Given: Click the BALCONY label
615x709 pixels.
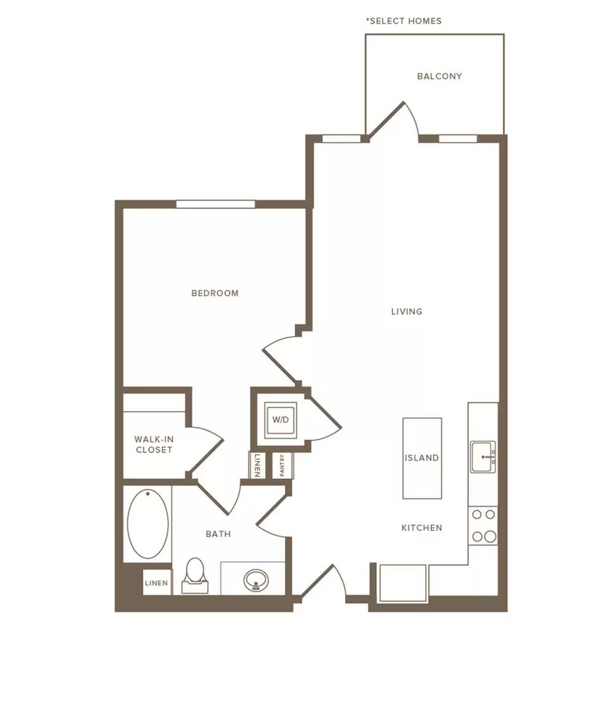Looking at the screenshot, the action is pos(439,76).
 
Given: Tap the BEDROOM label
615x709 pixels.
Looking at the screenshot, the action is pos(215,293).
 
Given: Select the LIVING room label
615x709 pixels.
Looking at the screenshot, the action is pos(407,311).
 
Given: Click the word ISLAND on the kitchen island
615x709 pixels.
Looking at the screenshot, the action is pos(421,458).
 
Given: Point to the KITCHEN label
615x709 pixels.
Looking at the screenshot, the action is pos(421,528).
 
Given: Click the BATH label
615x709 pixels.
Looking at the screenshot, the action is pos(218,534).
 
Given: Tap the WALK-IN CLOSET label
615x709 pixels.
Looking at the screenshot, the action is pos(154,444).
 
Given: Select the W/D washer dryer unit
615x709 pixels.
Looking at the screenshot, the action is pos(280,420).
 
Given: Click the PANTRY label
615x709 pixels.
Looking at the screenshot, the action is pos(282,465).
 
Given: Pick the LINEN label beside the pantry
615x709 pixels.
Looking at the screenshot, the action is pos(257,465).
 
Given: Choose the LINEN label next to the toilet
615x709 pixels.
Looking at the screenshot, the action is pos(157,583).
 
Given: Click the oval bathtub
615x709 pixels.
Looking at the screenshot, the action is pos(148,524).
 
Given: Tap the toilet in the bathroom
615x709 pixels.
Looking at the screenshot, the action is pos(195,576).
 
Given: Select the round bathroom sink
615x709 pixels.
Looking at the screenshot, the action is pos(256,580).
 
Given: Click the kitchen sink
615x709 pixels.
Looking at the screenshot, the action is pos(483,457).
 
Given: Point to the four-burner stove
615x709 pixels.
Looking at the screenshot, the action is pos(484,526).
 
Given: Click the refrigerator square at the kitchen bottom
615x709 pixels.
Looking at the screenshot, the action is pos(402,583).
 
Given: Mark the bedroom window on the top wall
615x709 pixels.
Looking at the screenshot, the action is pos(215,205).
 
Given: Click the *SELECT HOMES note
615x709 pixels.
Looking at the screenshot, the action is pos(404,21).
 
